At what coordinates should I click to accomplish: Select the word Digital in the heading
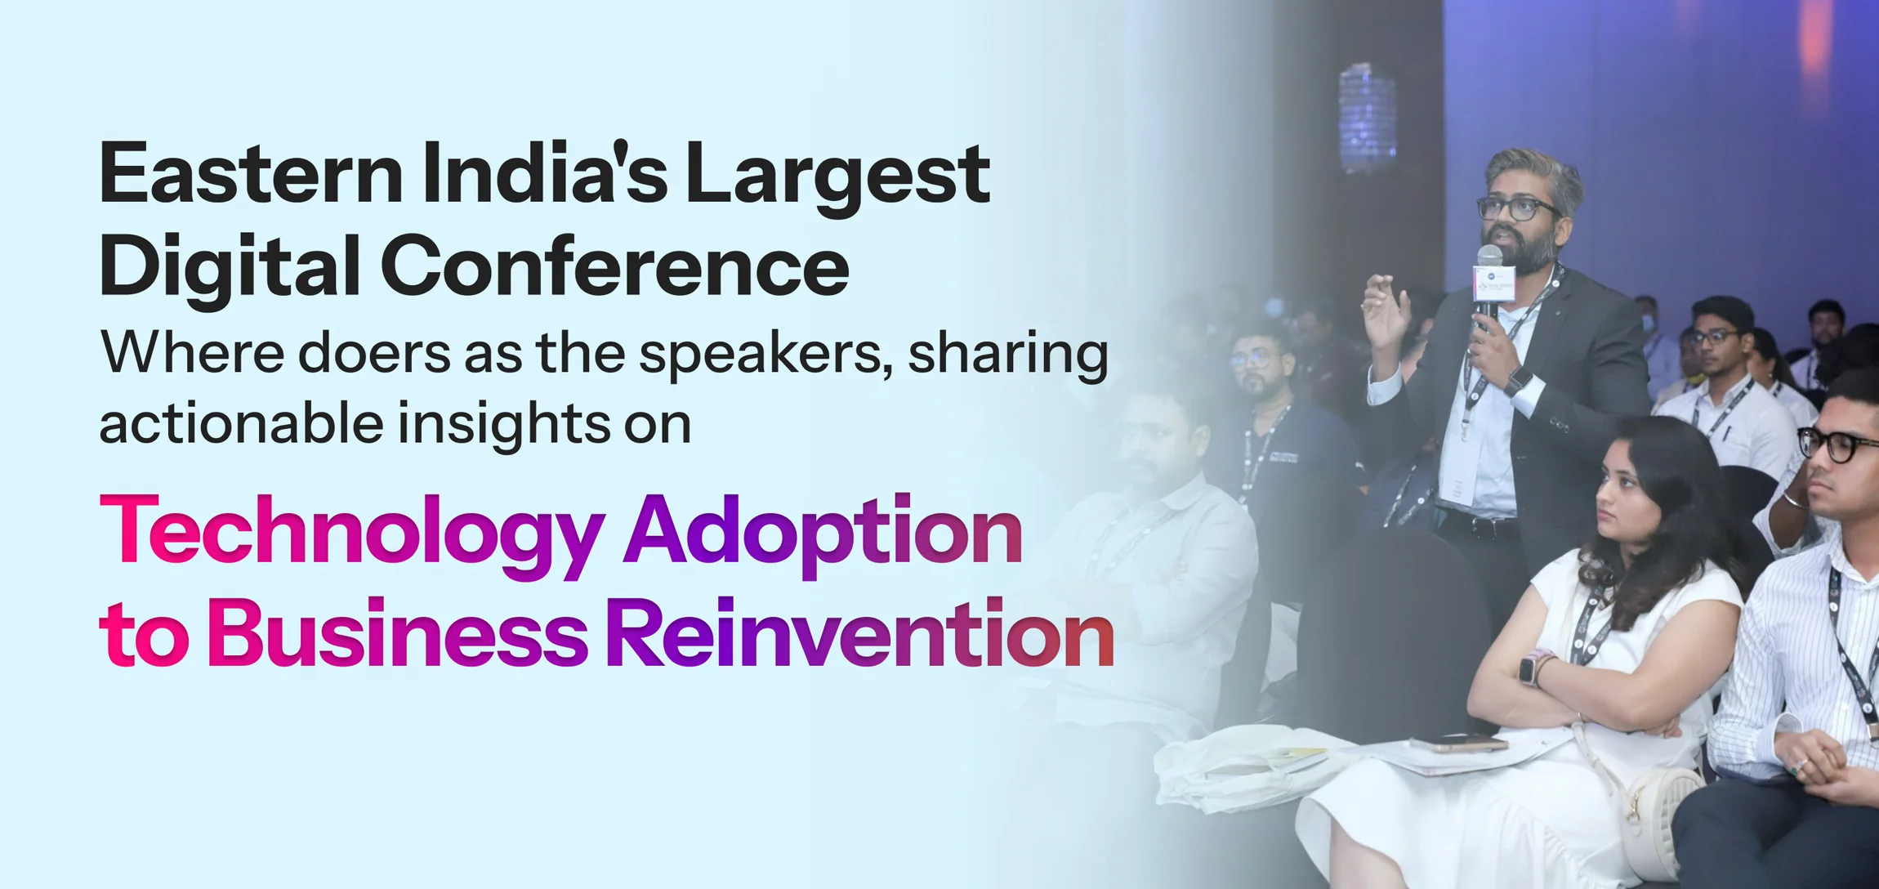coord(230,266)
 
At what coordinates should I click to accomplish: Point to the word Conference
coord(614,266)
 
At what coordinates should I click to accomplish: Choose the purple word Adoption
coord(823,534)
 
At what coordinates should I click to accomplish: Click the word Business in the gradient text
coord(397,634)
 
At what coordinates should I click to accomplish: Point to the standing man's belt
coord(1479,523)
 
